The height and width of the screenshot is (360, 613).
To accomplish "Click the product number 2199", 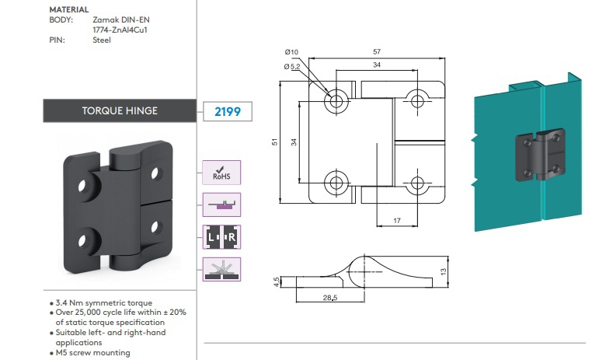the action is pos(228,111).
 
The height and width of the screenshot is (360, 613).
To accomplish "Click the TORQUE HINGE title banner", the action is pos(120,110).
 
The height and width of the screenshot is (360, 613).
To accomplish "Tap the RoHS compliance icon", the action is pos(221,173).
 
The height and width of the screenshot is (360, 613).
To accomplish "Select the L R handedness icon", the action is pos(221,237).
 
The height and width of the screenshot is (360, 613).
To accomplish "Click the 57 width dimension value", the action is pos(377,51).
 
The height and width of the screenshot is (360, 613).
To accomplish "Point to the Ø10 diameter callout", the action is pos(291,52).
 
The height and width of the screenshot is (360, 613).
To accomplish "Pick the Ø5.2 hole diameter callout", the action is pos(292,67).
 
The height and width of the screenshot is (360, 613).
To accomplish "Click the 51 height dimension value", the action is pos(274,142).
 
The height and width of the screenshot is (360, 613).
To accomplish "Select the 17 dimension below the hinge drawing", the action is pos(397,221).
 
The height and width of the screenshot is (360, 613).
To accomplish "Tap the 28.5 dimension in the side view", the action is pos(330,298).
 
